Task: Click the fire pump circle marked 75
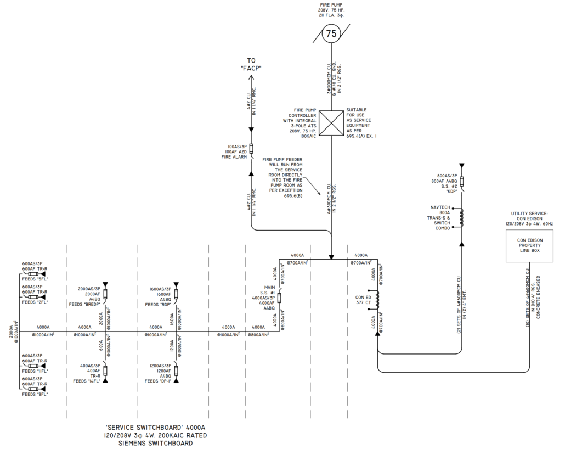coord(331,34)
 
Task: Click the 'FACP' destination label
coord(251,64)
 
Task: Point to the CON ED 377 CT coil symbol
coord(377,299)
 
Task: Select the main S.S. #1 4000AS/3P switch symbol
coord(279,297)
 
